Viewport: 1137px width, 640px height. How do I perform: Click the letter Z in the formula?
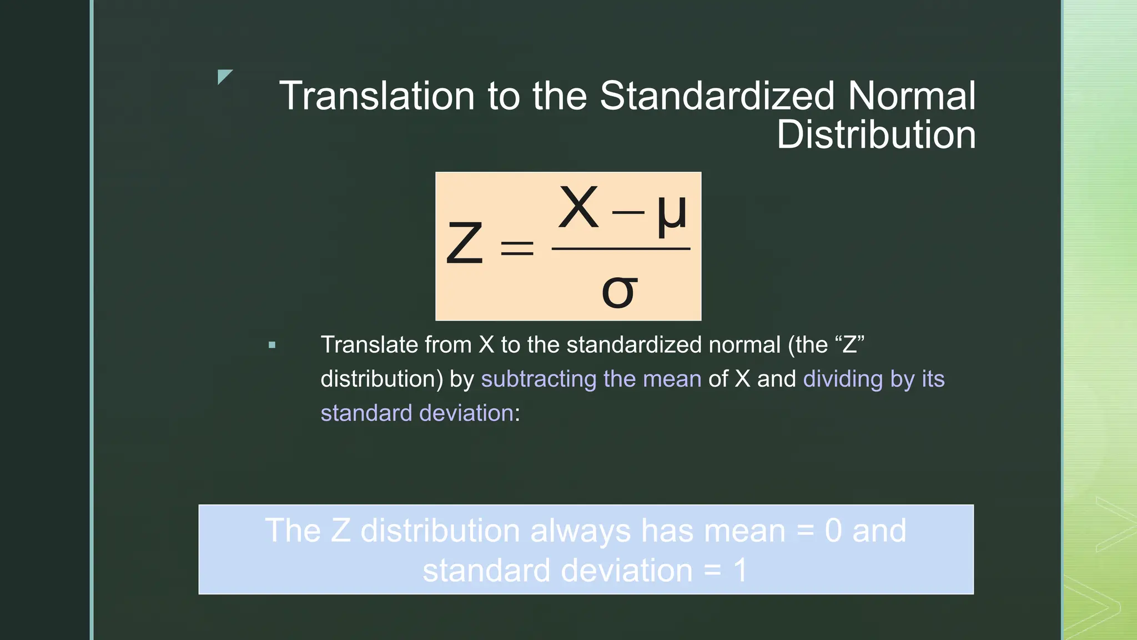pos(465,243)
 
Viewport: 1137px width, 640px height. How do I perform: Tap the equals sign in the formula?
pos(517,248)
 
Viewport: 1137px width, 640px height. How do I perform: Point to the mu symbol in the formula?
pos(672,214)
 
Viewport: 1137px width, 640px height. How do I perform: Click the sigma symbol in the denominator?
pos(619,291)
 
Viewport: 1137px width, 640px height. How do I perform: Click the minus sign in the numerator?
pos(627,213)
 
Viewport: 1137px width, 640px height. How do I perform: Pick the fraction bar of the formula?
pos(621,248)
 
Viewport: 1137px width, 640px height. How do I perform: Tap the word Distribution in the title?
pos(876,135)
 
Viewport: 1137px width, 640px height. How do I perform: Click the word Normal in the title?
pos(912,96)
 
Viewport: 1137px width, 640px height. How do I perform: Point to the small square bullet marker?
pos(272,345)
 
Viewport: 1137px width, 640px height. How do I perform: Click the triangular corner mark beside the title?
pos(224,76)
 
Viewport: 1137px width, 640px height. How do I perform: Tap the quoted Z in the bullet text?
pos(849,344)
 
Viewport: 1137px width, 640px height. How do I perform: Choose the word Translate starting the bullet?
pos(369,344)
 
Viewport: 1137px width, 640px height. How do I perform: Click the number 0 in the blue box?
pos(833,531)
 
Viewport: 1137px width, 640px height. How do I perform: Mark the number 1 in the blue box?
pos(740,571)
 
